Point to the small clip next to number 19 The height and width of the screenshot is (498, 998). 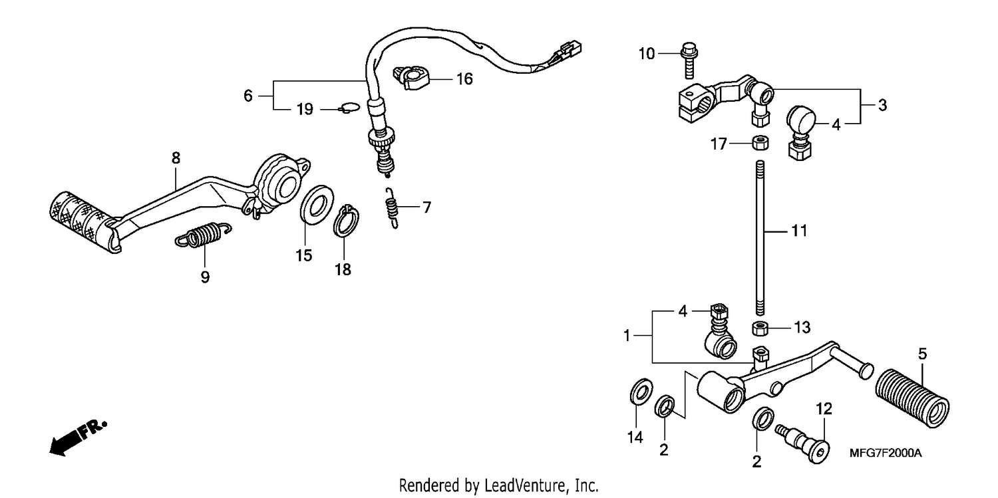pyautogui.click(x=349, y=108)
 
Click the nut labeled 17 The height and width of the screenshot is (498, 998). pyautogui.click(x=760, y=144)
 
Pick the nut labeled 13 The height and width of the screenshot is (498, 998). pyautogui.click(x=760, y=328)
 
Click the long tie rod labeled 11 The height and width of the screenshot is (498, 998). pyautogui.click(x=760, y=237)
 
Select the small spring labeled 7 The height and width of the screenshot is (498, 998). pyautogui.click(x=391, y=208)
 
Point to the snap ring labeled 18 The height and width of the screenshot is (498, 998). pyautogui.click(x=346, y=221)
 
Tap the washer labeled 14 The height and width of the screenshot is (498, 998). pyautogui.click(x=641, y=392)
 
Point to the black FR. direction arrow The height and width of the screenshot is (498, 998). pyautogui.click(x=78, y=437)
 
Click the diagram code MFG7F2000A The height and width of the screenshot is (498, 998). pyautogui.click(x=886, y=453)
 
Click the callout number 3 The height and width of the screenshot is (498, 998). pyautogui.click(x=882, y=106)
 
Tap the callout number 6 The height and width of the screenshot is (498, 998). pyautogui.click(x=248, y=96)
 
